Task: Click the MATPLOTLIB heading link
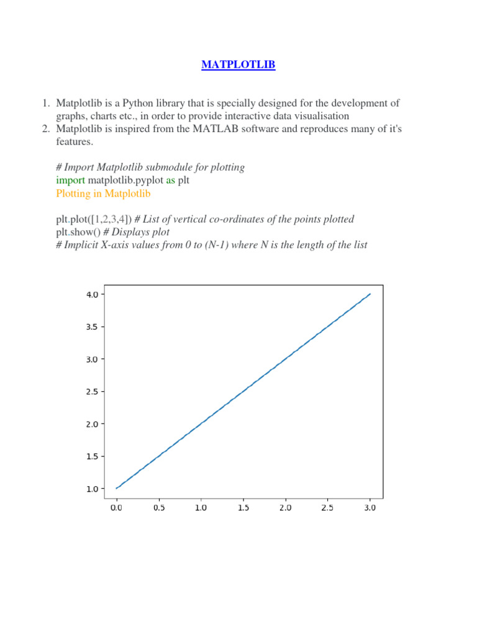click(x=238, y=64)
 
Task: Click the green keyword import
click(x=70, y=180)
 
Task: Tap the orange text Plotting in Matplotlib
click(x=103, y=193)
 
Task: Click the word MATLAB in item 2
click(x=232, y=129)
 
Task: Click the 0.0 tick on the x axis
click(x=116, y=507)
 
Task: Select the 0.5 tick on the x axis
click(x=158, y=507)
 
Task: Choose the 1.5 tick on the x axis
click(x=243, y=507)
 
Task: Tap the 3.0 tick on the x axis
click(x=370, y=507)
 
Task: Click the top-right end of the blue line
click(x=370, y=295)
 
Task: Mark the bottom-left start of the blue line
click(x=117, y=489)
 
